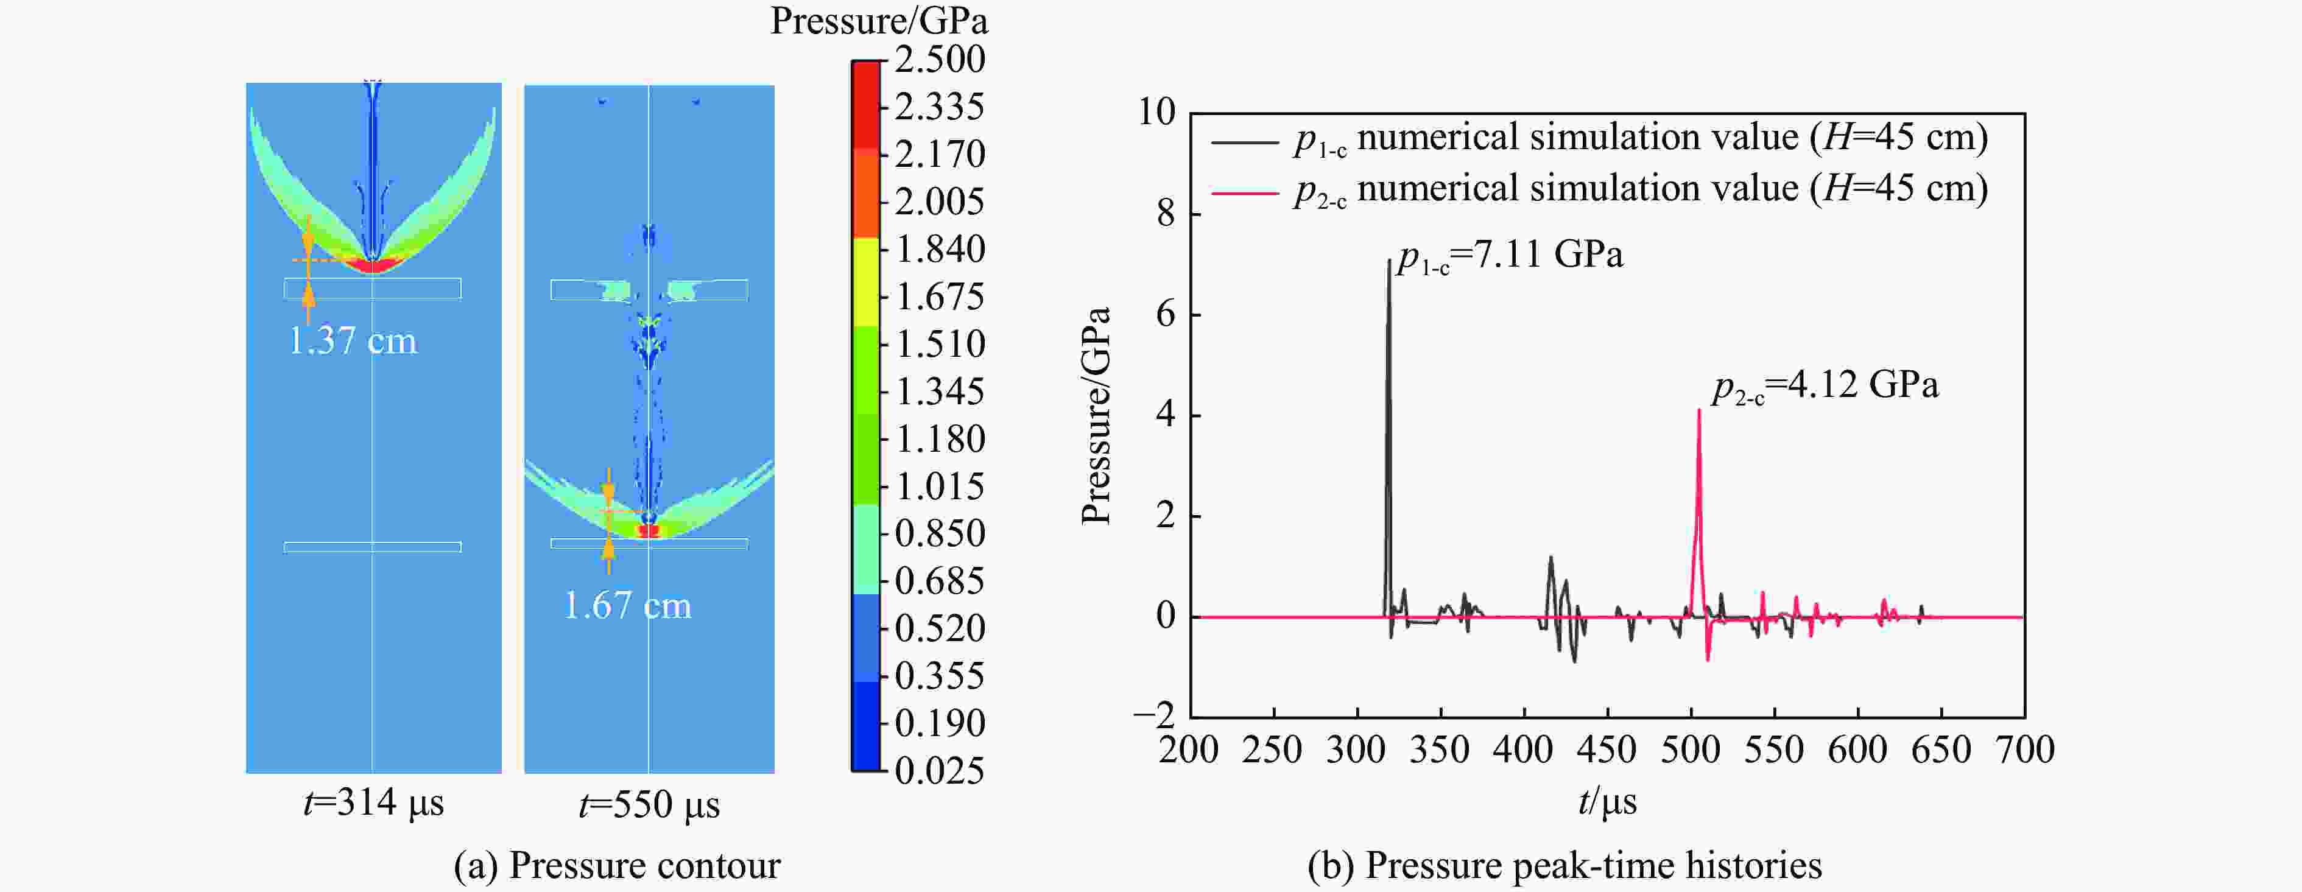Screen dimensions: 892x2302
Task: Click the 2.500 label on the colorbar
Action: [x=939, y=60]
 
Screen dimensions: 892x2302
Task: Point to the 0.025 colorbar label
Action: [x=939, y=770]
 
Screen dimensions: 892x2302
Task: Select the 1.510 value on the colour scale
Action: [x=939, y=344]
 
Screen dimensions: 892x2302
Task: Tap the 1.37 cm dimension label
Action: [x=353, y=340]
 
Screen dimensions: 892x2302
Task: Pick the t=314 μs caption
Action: [x=373, y=802]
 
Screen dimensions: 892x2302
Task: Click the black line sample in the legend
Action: [x=1245, y=140]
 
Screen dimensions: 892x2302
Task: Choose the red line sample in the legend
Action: [x=1245, y=191]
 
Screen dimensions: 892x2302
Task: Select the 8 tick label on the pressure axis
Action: [x=1165, y=214]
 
